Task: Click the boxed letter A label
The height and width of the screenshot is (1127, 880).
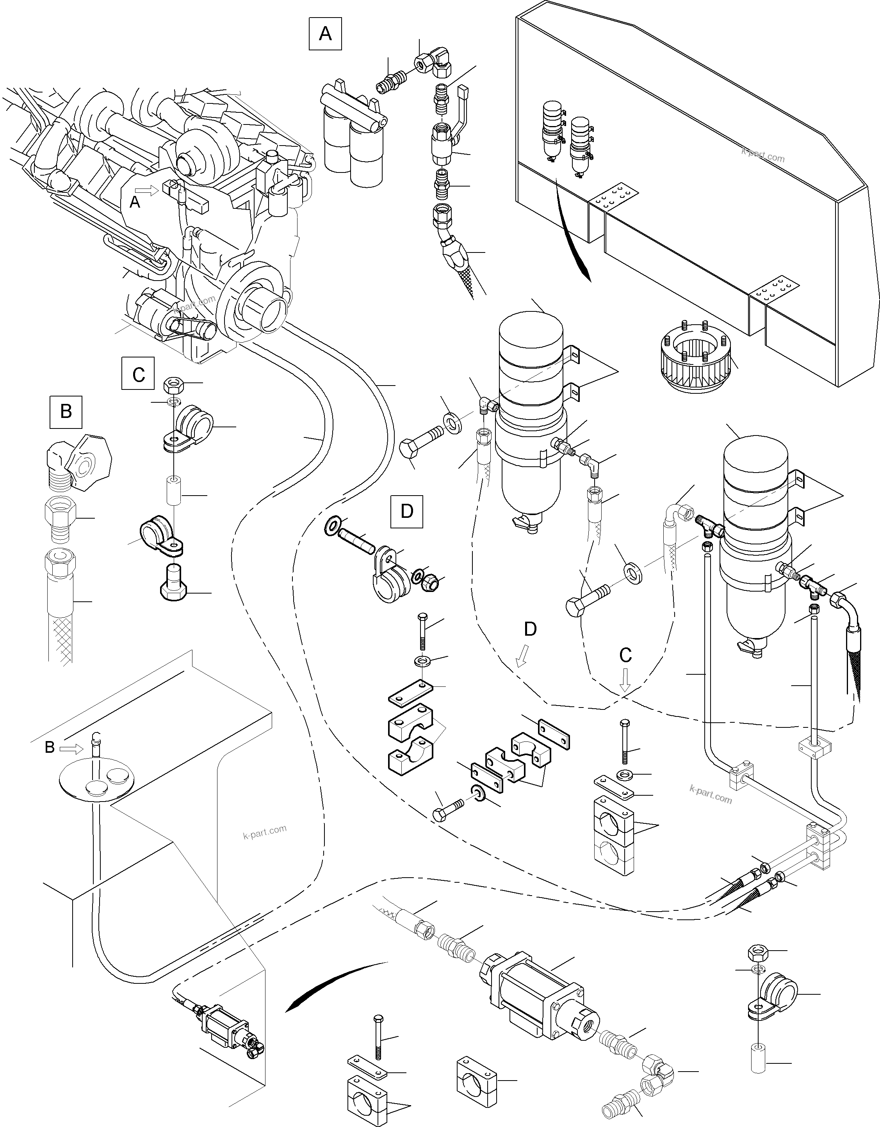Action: [325, 34]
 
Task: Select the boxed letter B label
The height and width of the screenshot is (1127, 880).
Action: [66, 411]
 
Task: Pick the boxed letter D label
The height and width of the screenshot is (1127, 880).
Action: [407, 511]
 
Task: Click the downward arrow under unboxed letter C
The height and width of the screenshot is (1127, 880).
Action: [625, 680]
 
